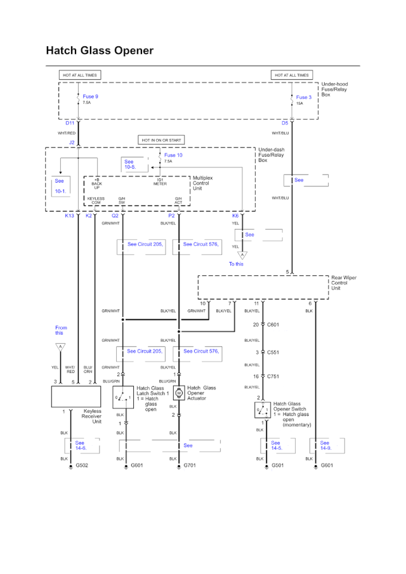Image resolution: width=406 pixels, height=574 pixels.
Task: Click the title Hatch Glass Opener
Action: [100, 50]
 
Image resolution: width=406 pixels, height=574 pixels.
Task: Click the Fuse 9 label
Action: [90, 97]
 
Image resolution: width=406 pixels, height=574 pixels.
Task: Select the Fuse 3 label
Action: [304, 98]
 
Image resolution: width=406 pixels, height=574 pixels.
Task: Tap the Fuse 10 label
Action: [173, 155]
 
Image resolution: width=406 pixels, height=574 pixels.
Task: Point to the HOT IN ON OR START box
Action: [161, 140]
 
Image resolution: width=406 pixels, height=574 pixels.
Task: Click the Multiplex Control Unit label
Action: [205, 184]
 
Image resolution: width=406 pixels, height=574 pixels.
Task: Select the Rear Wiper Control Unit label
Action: [343, 283]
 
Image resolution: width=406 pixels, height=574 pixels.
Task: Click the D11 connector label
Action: [70, 123]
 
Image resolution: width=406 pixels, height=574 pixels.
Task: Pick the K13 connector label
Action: [70, 216]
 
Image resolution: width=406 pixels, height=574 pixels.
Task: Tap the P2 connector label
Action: [171, 216]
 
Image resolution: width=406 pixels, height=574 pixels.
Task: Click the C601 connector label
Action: [273, 325]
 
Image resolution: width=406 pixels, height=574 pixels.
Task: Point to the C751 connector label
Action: [273, 377]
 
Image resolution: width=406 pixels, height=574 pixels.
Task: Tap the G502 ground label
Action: [82, 466]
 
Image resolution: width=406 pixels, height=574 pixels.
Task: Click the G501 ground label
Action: [278, 466]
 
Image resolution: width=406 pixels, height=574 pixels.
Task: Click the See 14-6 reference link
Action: [80, 446]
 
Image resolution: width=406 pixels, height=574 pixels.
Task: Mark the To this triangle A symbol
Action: [241, 256]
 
